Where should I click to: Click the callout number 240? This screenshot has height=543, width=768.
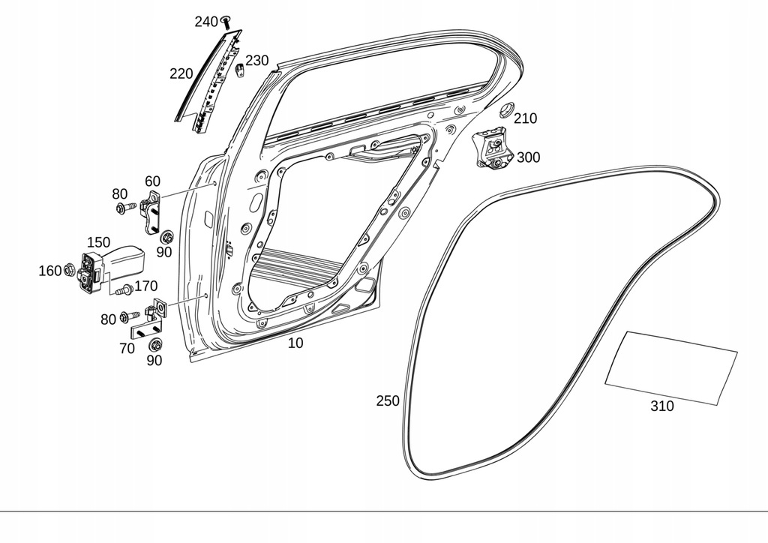coord(205,22)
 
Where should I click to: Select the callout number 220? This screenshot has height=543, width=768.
coord(181,73)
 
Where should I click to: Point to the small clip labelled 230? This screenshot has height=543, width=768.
coord(240,70)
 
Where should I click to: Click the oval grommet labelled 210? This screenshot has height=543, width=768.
coord(506,109)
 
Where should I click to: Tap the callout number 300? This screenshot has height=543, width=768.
coord(528,157)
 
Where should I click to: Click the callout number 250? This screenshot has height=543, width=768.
coord(388,401)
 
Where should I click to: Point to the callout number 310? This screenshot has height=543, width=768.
coord(661,406)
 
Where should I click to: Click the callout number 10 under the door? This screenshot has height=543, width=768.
coord(295,343)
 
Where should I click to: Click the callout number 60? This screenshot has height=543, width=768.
coord(152,181)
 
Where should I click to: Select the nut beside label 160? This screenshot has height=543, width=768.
coord(70,269)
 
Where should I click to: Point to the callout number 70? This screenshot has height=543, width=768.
coord(127,348)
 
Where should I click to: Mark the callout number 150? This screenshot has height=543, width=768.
coord(98,242)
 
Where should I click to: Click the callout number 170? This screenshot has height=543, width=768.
coord(145,286)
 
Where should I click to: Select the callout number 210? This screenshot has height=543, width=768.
coord(525,118)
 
